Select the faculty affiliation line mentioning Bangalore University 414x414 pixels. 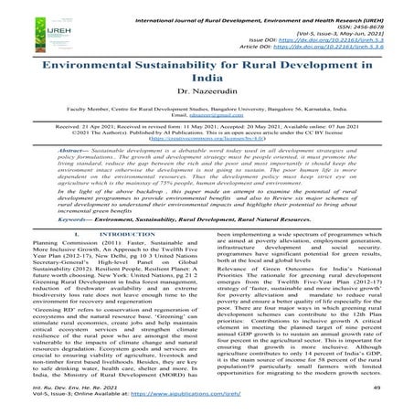[x=207, y=121]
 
